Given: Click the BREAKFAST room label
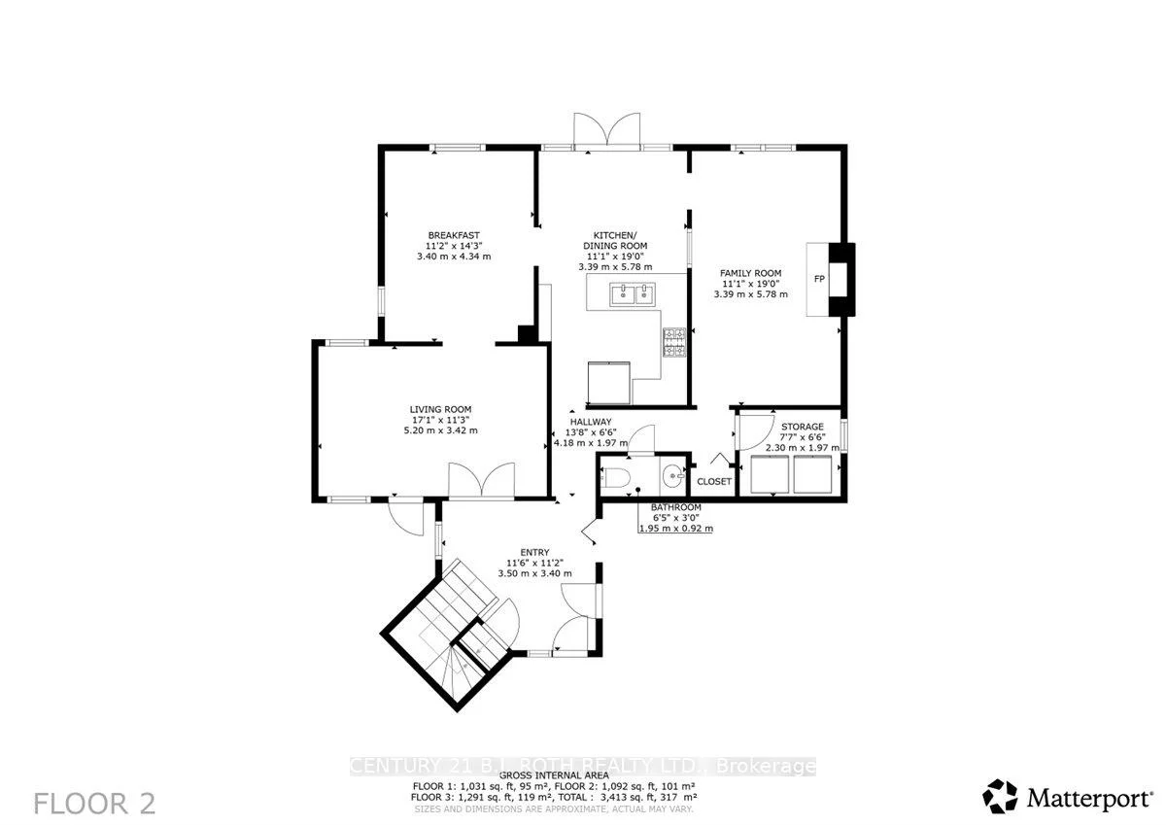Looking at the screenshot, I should (x=454, y=234).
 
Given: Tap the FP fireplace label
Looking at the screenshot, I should (x=819, y=279).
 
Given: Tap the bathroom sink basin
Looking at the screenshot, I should (x=673, y=477).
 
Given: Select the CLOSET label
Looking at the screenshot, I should (x=714, y=481).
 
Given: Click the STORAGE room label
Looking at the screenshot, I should (x=803, y=426).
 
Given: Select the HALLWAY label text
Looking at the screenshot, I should (x=590, y=421).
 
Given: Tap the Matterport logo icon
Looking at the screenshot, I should (x=1001, y=797).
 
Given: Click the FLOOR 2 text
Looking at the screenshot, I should (x=94, y=804).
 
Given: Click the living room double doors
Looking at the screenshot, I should (x=481, y=480).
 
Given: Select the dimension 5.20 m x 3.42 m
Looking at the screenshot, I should (x=440, y=430).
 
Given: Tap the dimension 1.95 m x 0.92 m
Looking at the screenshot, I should (x=675, y=529).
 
